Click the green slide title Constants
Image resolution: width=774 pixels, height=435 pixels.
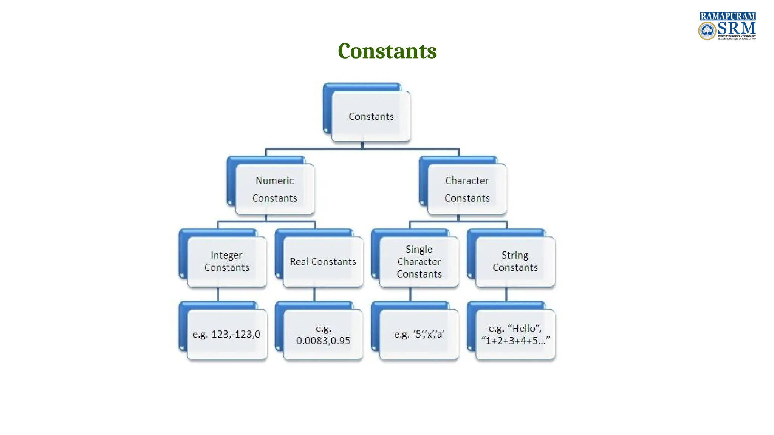click(x=387, y=51)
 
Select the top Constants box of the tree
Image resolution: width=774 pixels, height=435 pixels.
click(x=371, y=116)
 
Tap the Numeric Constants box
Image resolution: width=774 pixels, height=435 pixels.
click(x=275, y=189)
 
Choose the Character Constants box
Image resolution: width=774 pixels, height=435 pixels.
click(x=467, y=189)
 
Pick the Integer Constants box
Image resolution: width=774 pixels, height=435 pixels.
click(x=227, y=261)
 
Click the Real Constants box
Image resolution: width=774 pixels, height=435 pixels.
click(x=323, y=261)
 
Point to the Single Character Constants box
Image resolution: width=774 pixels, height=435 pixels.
click(x=419, y=261)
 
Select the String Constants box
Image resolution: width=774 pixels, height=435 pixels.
click(x=515, y=261)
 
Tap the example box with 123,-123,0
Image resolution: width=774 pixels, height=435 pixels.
click(x=227, y=334)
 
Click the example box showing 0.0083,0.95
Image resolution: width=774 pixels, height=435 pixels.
click(x=323, y=334)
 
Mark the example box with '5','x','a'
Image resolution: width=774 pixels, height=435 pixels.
click(x=419, y=334)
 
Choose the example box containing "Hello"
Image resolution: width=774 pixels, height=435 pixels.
click(x=515, y=334)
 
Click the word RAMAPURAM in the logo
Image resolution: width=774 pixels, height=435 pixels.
click(x=728, y=16)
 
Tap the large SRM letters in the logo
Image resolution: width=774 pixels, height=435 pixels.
click(x=736, y=28)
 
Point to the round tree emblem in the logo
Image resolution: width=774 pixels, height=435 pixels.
click(x=707, y=31)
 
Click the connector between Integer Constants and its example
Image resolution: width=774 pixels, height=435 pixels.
click(x=218, y=295)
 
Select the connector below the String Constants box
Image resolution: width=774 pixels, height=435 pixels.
click(x=506, y=295)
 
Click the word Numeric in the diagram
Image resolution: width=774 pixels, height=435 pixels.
click(x=275, y=180)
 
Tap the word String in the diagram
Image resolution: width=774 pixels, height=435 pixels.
click(x=515, y=255)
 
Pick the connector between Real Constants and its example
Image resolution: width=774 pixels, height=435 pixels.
click(x=314, y=295)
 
